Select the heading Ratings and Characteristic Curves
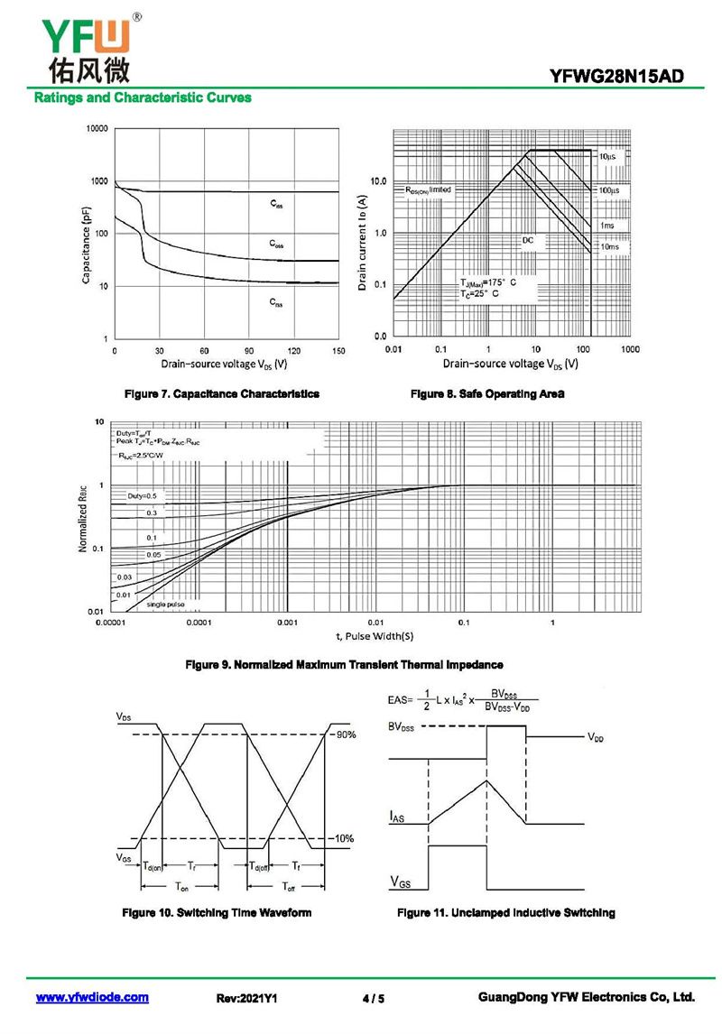coord(143,97)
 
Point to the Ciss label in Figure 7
coord(277,205)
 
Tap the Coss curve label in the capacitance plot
coord(277,244)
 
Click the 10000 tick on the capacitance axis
coord(97,130)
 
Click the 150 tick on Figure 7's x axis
coord(338,350)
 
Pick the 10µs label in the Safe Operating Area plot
coord(607,156)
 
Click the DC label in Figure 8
coord(528,240)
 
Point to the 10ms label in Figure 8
coord(610,246)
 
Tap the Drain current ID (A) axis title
coord(363,241)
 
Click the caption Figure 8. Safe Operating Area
coord(487,394)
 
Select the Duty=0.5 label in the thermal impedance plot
coord(142,496)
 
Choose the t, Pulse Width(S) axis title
coord(375,636)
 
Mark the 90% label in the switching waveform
coord(346,734)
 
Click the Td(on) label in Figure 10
coord(153,866)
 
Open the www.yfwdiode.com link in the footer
coord(92,998)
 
